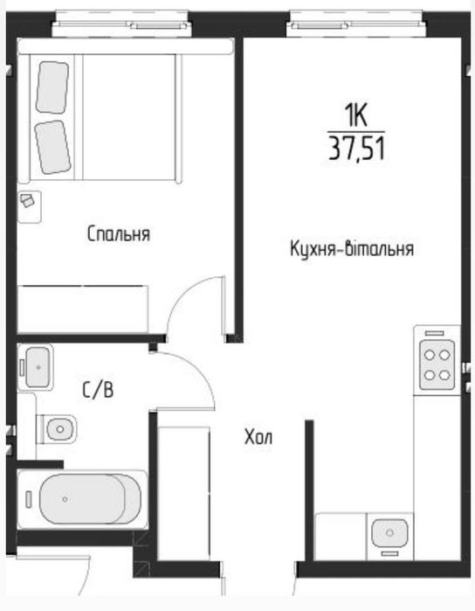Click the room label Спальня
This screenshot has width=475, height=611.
(x=119, y=234)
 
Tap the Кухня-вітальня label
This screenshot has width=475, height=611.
(x=351, y=249)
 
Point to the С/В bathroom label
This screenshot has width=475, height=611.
(x=98, y=390)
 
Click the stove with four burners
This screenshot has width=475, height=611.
(x=437, y=365)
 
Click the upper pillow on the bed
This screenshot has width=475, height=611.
(x=52, y=87)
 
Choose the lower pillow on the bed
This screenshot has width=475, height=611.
(x=53, y=144)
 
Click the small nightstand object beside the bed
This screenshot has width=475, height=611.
(x=29, y=202)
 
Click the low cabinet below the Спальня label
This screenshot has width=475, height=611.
(x=83, y=306)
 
